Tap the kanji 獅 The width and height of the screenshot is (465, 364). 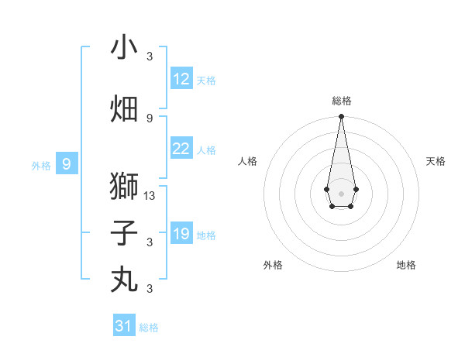[124, 187]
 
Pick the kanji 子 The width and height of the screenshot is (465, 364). [124, 233]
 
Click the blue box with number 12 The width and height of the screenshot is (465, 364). [181, 79]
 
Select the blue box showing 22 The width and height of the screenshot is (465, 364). [181, 149]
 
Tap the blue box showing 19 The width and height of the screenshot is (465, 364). [181, 234]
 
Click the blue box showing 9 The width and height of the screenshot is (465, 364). [67, 163]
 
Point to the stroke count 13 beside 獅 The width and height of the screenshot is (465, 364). [150, 196]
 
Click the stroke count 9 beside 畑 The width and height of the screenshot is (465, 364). [150, 118]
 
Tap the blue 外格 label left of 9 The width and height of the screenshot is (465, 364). [41, 165]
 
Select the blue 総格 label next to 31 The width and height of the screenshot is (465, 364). [149, 328]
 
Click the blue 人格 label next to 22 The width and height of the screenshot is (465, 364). [206, 150]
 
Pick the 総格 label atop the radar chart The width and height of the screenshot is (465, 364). [341, 101]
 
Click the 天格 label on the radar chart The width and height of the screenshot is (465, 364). [436, 161]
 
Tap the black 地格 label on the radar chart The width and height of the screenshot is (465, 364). [406, 265]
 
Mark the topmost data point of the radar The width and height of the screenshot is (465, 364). [341, 117]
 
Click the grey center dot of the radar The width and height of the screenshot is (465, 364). [341, 192]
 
